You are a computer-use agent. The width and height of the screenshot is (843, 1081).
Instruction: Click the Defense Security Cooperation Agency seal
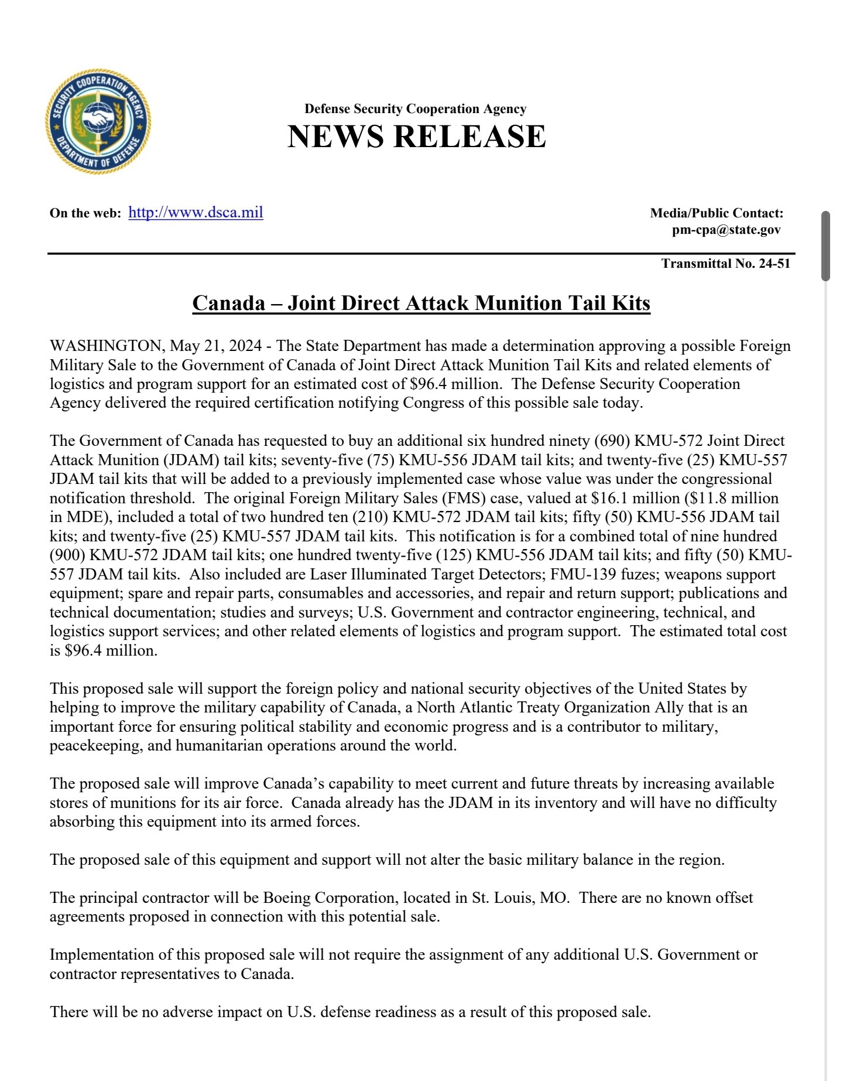click(98, 121)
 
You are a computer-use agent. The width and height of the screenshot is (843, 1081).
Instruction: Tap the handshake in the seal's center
click(98, 120)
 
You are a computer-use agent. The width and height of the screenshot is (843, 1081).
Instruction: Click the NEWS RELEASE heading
click(416, 136)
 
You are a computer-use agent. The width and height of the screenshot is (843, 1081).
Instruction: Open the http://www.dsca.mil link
click(196, 212)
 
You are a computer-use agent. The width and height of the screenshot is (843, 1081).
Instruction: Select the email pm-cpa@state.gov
click(726, 230)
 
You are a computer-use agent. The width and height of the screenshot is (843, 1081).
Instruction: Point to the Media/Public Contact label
click(717, 213)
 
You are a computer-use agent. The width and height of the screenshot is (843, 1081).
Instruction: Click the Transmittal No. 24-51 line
click(725, 263)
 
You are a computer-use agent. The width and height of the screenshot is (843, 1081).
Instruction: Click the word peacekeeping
click(95, 746)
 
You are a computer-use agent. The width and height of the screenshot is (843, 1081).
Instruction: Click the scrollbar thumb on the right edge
click(825, 246)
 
